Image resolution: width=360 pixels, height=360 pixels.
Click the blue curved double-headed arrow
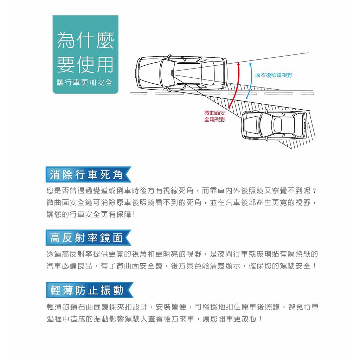[x=251, y=80]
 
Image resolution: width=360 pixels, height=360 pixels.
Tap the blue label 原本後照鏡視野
[x=274, y=75]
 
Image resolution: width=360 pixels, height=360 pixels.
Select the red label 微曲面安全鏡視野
[x=215, y=116]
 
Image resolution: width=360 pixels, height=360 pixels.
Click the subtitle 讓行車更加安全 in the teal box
[x=85, y=83]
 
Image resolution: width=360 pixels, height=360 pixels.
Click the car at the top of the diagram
[x=181, y=73]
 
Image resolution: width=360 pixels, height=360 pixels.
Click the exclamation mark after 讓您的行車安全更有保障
[x=134, y=214]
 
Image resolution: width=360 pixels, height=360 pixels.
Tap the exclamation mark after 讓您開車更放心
[x=260, y=319]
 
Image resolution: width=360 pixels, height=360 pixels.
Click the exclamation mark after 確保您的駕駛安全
[x=314, y=266]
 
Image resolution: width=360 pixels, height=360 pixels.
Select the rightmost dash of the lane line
[x=307, y=94]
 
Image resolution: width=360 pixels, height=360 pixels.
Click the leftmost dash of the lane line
[x=139, y=94]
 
